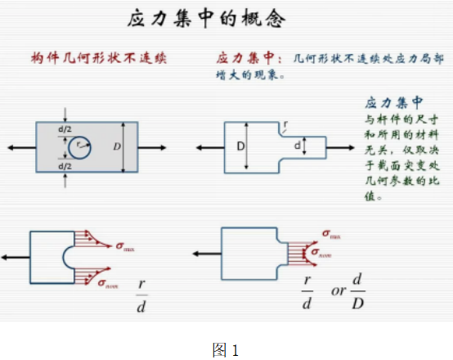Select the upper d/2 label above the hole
coord(65,131)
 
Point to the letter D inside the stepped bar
coord(242,146)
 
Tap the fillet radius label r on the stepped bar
coord(285,126)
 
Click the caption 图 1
coord(225,349)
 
